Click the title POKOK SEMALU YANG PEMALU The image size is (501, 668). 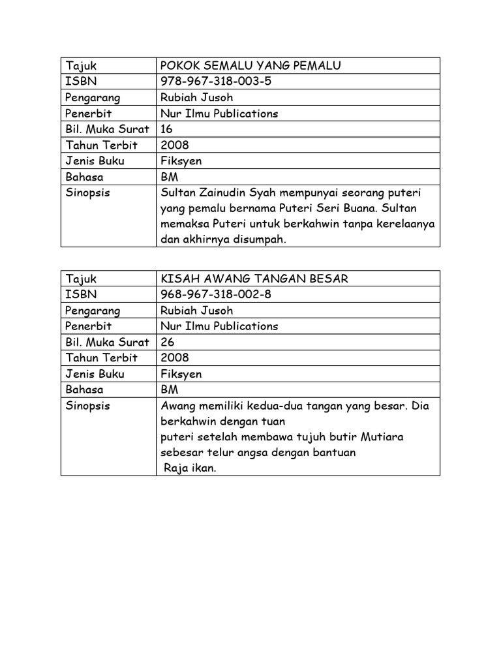tap(250, 65)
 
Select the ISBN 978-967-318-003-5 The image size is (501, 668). tap(216, 82)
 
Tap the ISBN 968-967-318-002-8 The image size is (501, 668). tap(216, 294)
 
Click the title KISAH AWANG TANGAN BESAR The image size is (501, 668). tap(254, 279)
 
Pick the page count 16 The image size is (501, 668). tap(167, 129)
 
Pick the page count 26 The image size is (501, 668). tap(168, 342)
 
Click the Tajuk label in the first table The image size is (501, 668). tap(81, 65)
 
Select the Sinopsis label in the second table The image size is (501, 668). tap(88, 406)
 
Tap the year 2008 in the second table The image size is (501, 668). tap(175, 357)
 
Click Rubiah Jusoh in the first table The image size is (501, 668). tap(196, 97)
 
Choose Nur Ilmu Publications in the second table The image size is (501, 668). tap(219, 326)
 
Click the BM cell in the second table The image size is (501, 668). tap(169, 389)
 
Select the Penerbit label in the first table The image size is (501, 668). tap(89, 114)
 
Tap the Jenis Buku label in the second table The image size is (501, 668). tap(95, 374)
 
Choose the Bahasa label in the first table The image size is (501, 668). tap(85, 177)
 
